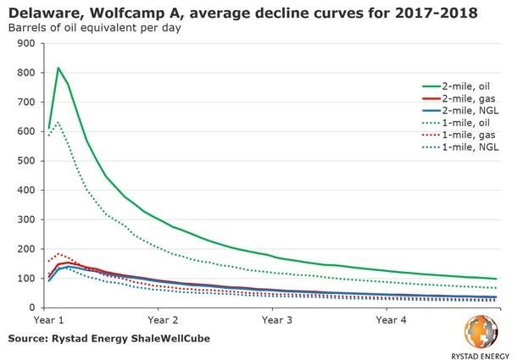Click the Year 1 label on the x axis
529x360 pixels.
click(x=50, y=321)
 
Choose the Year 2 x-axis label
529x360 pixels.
click(x=163, y=321)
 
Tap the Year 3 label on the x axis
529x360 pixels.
click(x=276, y=321)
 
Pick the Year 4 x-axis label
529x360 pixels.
click(x=389, y=321)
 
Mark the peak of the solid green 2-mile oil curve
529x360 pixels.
click(x=58, y=68)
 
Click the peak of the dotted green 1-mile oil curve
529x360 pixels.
click(x=58, y=122)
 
